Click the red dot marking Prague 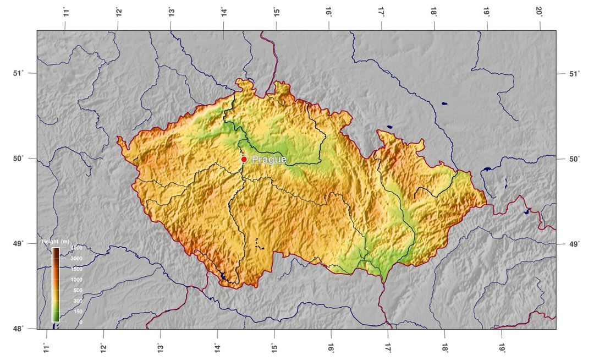click(x=244, y=159)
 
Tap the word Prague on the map click(x=269, y=160)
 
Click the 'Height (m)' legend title click(x=56, y=242)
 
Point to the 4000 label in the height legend click(x=76, y=248)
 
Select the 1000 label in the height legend click(x=76, y=280)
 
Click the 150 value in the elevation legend click(x=78, y=312)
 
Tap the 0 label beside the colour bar click(x=81, y=322)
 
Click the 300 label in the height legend click(x=78, y=301)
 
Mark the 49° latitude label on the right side click(x=574, y=244)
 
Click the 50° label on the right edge click(x=574, y=159)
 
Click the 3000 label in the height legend click(x=76, y=259)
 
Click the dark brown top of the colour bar click(x=56, y=250)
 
